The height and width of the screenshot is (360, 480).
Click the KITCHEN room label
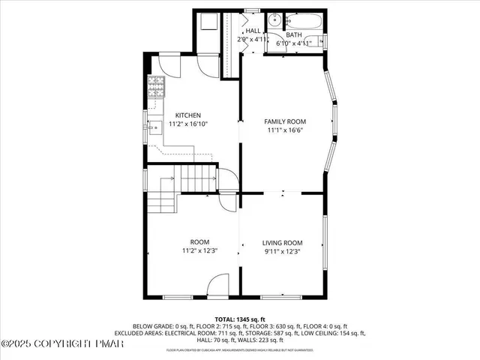pyautogui.click(x=187, y=115)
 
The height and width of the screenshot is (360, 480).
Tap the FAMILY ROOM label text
pyautogui.click(x=285, y=121)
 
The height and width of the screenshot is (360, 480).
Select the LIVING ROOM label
pyautogui.click(x=282, y=242)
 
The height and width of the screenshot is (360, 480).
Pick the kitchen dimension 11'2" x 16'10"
pyautogui.click(x=187, y=124)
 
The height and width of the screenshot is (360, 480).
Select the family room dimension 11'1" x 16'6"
pyautogui.click(x=285, y=130)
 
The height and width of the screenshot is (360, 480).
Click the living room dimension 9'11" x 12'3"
pyautogui.click(x=282, y=251)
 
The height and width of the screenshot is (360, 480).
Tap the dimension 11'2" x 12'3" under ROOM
pyautogui.click(x=199, y=251)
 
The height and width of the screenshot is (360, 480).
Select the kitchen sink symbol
pyautogui.click(x=154, y=128)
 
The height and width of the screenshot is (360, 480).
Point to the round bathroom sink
pyautogui.click(x=275, y=21)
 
